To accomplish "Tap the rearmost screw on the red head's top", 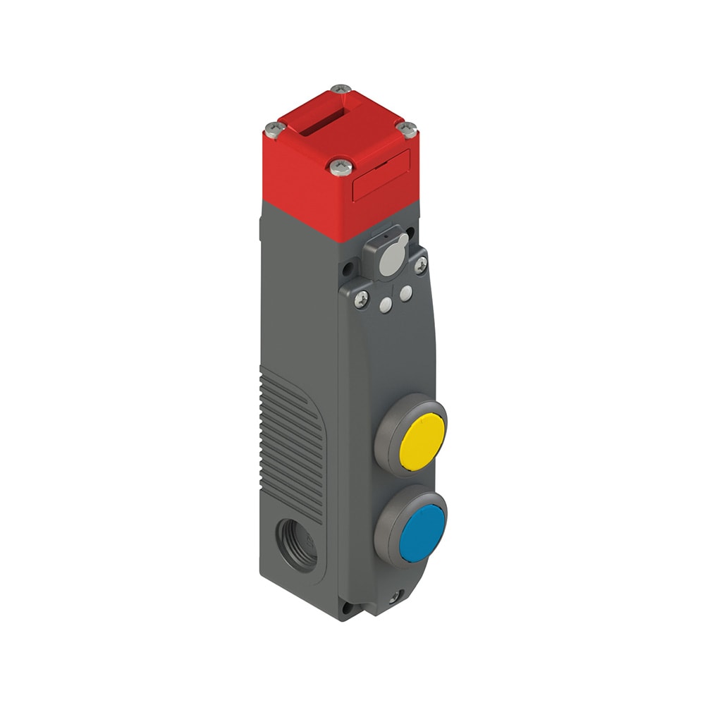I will point(341,89).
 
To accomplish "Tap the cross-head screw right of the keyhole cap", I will point(421,264).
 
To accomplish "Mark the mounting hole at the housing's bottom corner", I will point(345,606).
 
